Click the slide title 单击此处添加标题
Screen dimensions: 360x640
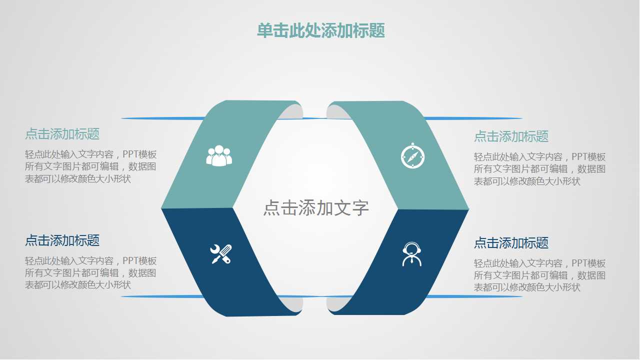[x=320, y=31]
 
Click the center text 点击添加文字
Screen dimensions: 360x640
[x=316, y=208]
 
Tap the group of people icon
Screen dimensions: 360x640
[x=219, y=155]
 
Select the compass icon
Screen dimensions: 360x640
[x=412, y=156]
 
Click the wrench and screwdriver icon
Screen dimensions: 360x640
[x=220, y=254]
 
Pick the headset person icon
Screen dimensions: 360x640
[x=411, y=254]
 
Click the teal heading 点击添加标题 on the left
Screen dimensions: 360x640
[x=62, y=134]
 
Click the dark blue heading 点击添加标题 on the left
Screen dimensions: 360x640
[x=62, y=240]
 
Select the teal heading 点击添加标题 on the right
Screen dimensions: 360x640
[x=511, y=136]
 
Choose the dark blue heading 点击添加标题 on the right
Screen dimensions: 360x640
[x=511, y=243]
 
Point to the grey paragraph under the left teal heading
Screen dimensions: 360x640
[x=90, y=167]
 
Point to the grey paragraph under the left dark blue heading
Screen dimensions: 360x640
[x=90, y=273]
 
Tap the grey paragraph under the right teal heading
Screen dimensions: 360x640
[x=539, y=169]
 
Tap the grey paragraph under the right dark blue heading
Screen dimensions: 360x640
[x=539, y=275]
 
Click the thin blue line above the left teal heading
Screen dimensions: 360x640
[x=160, y=118]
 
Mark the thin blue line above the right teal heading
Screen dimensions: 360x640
[x=475, y=118]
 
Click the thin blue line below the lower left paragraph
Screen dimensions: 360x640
[x=160, y=296]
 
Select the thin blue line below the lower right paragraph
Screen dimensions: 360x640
[x=475, y=296]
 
